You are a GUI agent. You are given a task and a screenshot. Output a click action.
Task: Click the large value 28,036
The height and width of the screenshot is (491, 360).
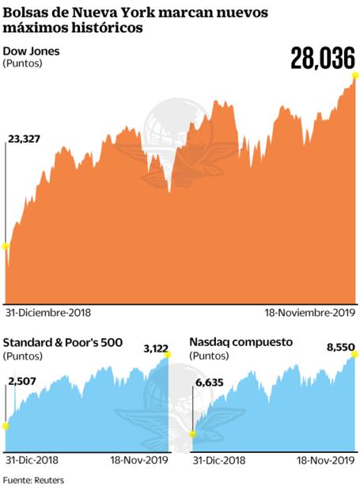coord(323,58)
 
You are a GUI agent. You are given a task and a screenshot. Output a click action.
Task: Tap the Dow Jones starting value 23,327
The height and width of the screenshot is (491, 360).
coord(25,139)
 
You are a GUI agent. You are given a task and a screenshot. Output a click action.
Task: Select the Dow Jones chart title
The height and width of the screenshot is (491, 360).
coord(32,51)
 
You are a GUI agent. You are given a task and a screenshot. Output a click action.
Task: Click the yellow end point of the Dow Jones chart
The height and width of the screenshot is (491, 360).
coord(356,75)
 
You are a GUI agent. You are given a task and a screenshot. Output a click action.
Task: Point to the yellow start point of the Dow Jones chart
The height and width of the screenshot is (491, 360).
coord(6,246)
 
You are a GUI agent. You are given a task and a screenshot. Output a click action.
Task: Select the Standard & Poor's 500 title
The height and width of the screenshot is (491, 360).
coord(63,341)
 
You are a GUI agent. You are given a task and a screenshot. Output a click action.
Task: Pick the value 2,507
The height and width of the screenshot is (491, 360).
coord(21,380)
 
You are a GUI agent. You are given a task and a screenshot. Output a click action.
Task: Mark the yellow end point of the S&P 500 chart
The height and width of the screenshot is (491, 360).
coord(167,356)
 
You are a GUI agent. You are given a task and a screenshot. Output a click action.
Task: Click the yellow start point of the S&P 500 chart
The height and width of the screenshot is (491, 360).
coord(6,426)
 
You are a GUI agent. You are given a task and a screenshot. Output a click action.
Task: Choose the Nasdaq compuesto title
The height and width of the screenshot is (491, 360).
coord(241,341)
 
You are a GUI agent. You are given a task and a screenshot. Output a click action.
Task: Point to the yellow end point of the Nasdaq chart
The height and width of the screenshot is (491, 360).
coord(354,356)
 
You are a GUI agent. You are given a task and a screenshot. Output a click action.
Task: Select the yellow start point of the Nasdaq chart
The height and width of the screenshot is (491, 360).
coord(192,433)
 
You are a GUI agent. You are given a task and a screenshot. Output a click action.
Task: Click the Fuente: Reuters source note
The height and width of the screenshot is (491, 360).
coord(33,480)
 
